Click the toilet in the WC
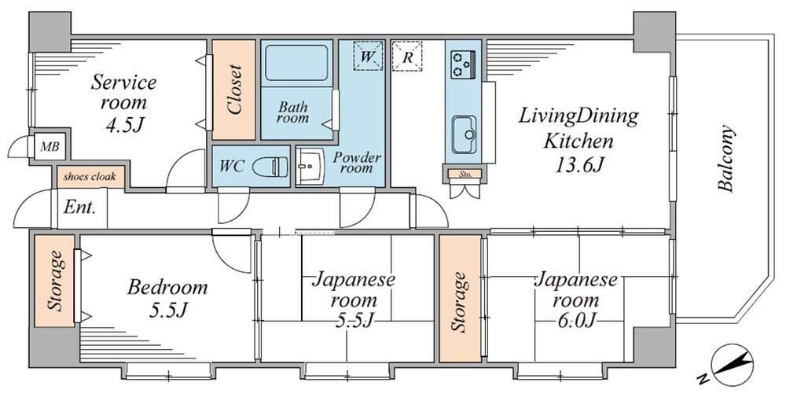click(270, 167)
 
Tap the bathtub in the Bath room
click(296, 63)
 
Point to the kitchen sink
click(465, 135)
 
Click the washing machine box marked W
click(367, 56)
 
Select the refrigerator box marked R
click(407, 56)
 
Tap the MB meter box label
click(50, 147)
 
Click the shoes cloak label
click(90, 176)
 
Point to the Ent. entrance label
click(79, 208)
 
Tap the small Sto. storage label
click(464, 175)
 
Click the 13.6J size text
click(578, 165)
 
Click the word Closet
click(234, 90)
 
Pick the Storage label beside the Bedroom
click(55, 280)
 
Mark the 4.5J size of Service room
click(124, 125)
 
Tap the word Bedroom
click(167, 288)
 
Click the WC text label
click(232, 167)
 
